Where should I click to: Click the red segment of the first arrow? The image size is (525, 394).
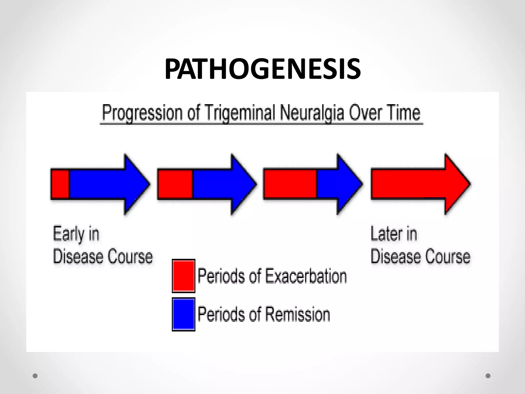[x=60, y=184]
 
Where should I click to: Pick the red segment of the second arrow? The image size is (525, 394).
[x=175, y=184]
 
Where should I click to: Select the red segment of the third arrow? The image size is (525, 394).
[x=290, y=184]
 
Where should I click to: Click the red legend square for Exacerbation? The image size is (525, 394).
[x=184, y=276]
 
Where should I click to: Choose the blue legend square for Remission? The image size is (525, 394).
[x=184, y=314]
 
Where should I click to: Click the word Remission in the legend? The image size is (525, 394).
[x=297, y=314]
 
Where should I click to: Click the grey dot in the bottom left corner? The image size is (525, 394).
[x=35, y=376]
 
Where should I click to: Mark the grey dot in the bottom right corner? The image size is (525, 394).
[x=488, y=376]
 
